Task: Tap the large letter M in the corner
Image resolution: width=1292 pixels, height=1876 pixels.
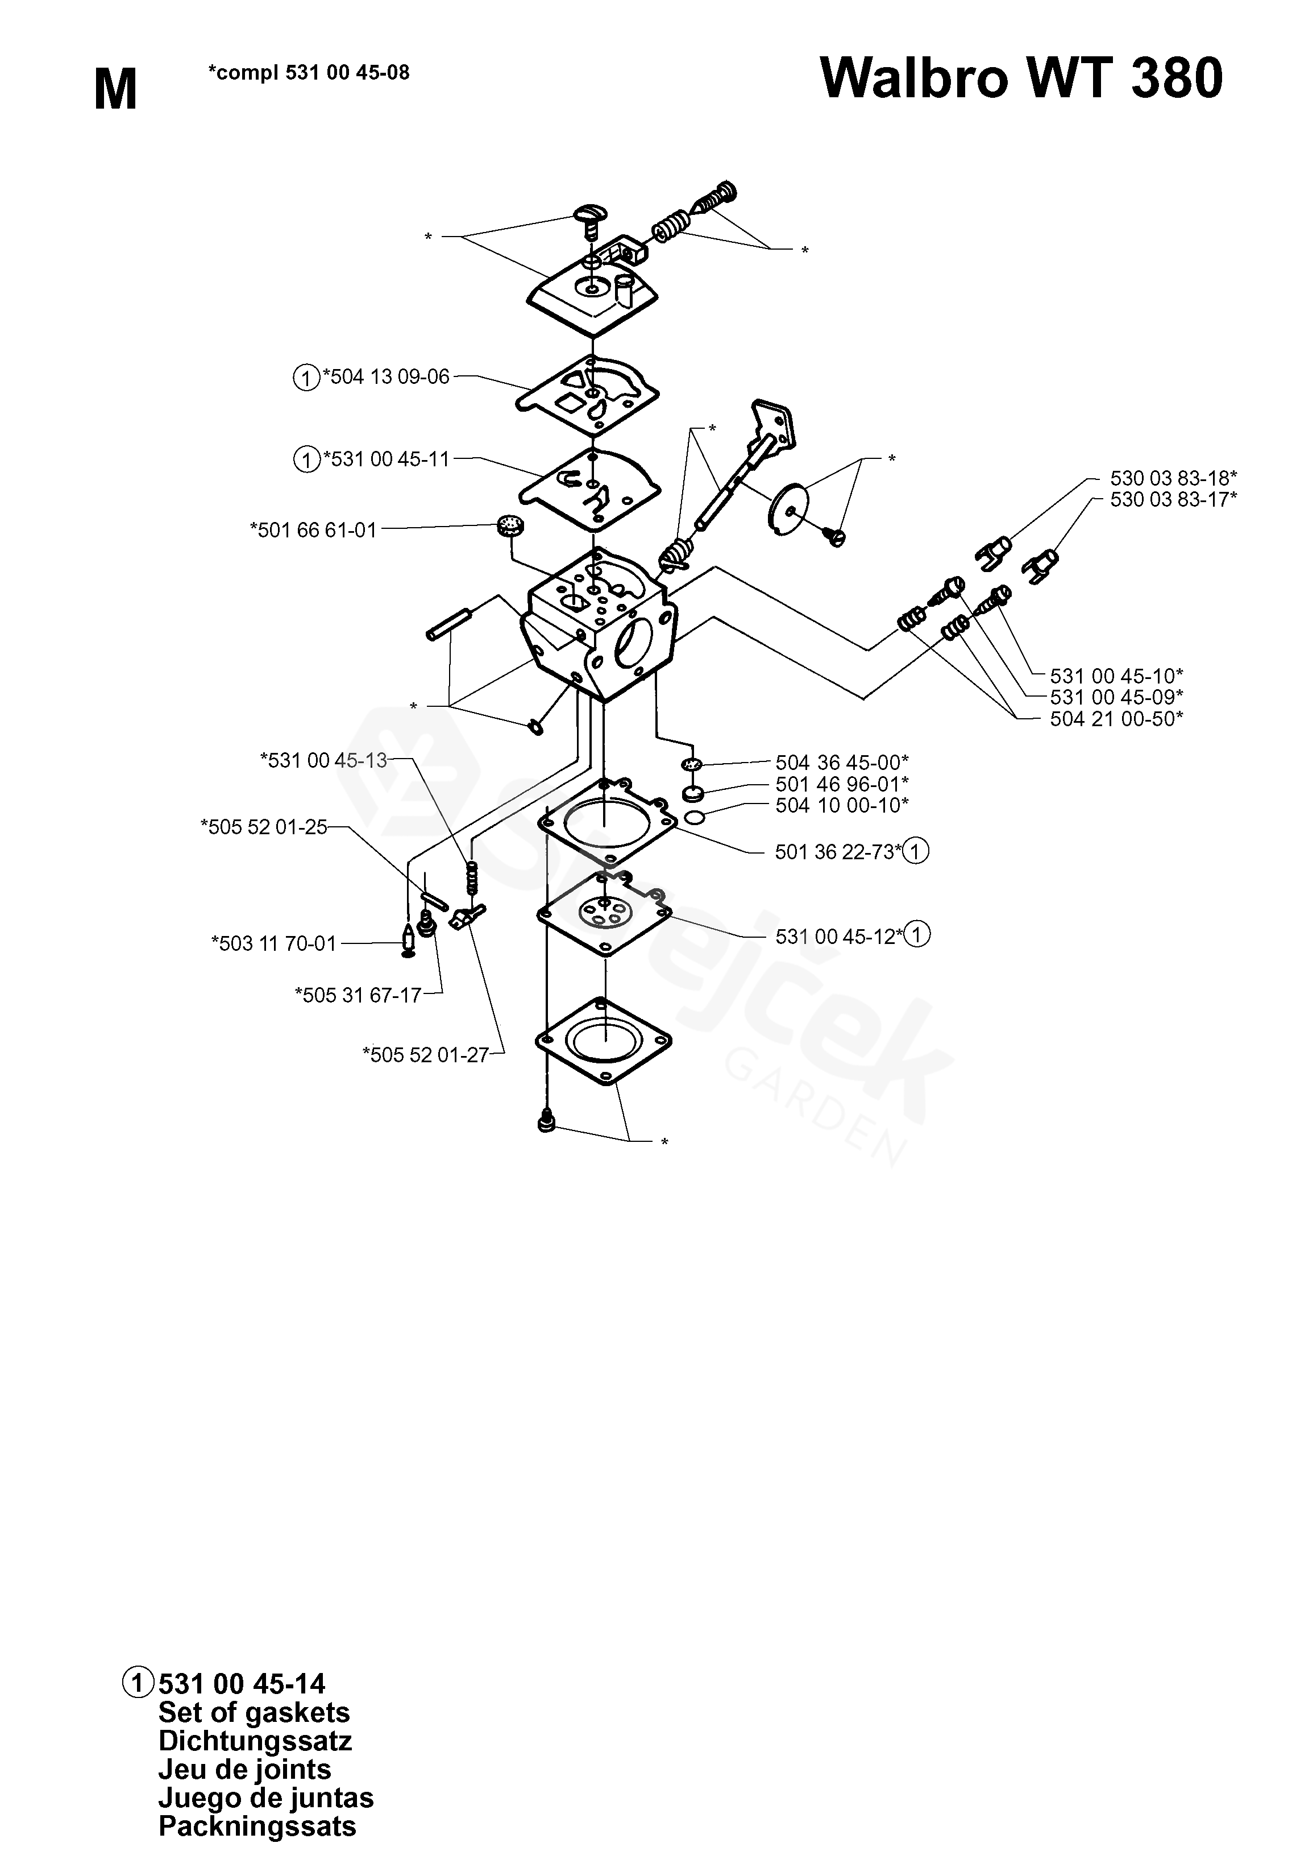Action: coord(116,90)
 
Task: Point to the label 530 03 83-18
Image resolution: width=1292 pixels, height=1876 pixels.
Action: coord(1173,478)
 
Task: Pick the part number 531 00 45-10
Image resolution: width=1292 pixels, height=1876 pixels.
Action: coord(1116,675)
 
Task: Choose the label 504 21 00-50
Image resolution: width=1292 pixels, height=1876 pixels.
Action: coord(1116,719)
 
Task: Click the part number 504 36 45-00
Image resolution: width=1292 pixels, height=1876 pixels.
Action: coord(842,762)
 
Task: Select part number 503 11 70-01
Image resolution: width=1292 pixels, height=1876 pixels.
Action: coord(273,943)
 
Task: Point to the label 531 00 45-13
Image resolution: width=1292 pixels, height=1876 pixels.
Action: coord(324,760)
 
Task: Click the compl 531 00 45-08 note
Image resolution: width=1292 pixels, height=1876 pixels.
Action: coord(309,73)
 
